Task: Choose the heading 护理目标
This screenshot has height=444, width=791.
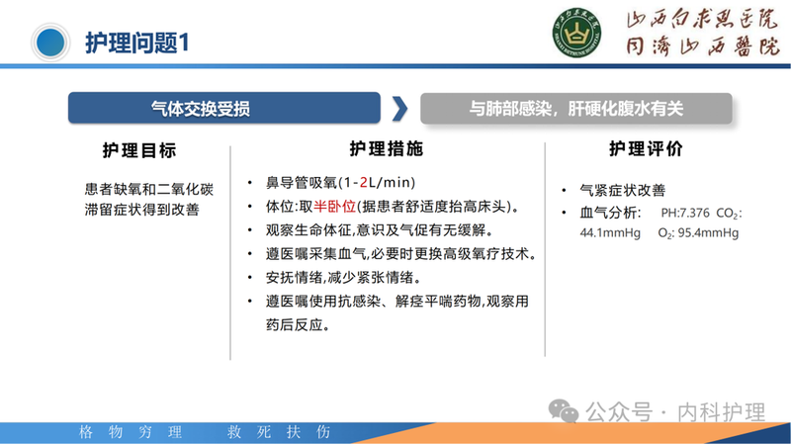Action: pyautogui.click(x=139, y=150)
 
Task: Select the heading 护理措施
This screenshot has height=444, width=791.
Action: pyautogui.click(x=386, y=149)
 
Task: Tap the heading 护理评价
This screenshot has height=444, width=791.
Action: pyautogui.click(x=645, y=150)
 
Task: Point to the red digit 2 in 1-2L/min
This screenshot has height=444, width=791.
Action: pyautogui.click(x=364, y=183)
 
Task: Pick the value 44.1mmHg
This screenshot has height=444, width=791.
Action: pyautogui.click(x=610, y=233)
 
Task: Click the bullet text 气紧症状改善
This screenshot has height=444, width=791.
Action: pyautogui.click(x=622, y=190)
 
